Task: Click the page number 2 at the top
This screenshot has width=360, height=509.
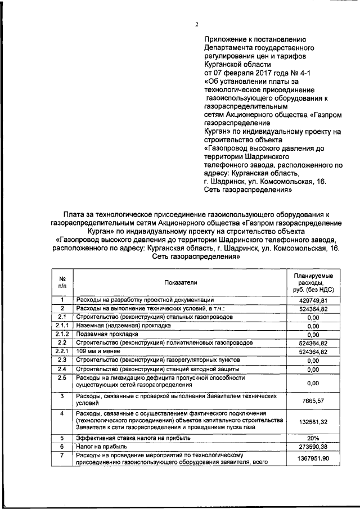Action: [196, 24]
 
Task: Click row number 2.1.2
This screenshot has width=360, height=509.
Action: [62, 334]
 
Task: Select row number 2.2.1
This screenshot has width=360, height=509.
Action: [62, 351]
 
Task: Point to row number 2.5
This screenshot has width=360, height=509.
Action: [62, 377]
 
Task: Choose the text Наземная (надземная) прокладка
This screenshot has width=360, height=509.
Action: [122, 326]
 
